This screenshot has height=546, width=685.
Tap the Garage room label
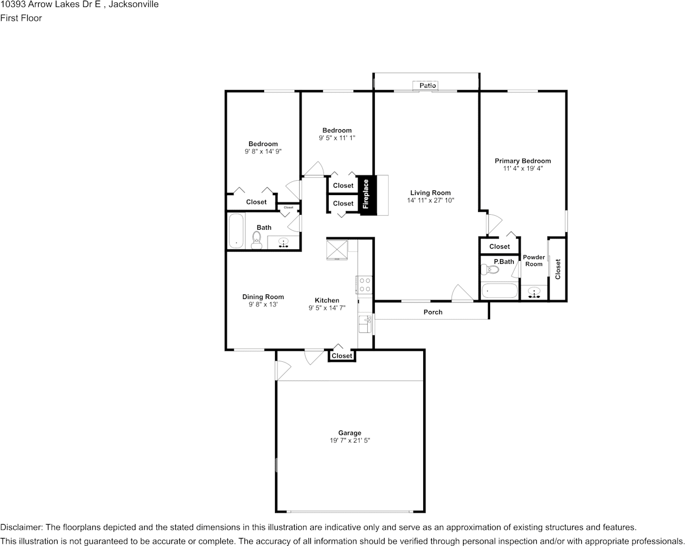tap(349, 433)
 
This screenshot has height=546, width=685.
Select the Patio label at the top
tap(427, 85)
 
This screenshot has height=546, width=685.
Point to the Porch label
tap(433, 312)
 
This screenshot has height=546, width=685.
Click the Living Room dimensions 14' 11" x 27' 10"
tap(430, 200)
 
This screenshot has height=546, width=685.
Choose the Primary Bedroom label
tap(522, 161)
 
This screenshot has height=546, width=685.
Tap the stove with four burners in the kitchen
tap(364, 285)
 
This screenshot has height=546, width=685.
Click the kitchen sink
tap(364, 324)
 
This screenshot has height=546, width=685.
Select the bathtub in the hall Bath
tap(236, 231)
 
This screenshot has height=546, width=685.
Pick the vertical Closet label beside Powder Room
tap(558, 269)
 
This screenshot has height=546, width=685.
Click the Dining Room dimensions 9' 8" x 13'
tap(263, 304)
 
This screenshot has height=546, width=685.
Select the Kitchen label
tap(327, 300)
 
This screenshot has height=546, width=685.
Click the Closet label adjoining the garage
tap(342, 356)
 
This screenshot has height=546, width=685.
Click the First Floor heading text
tap(21, 18)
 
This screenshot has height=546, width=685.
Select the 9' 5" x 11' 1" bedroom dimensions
tap(337, 138)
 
